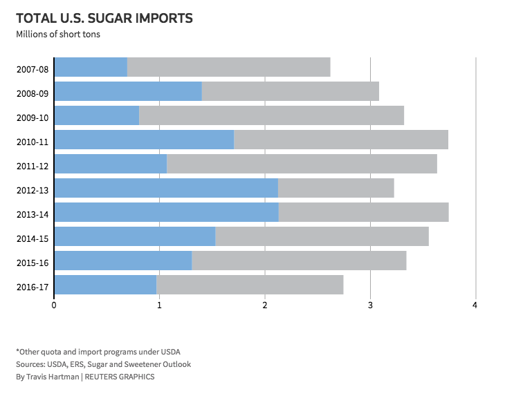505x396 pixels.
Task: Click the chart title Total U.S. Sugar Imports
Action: tap(104, 18)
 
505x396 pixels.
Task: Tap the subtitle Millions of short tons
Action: tap(58, 34)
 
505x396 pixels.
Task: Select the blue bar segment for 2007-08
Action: tap(91, 67)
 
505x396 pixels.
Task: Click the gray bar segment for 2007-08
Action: tap(228, 67)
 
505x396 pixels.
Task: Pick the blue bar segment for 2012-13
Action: tap(166, 188)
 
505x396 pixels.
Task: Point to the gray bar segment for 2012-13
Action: tap(336, 188)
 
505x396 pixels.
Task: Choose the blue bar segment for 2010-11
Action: tap(144, 140)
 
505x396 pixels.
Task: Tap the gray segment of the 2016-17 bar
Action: tap(250, 285)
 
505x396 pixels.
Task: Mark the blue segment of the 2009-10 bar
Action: tap(96, 115)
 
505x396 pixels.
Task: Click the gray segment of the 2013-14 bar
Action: tap(363, 212)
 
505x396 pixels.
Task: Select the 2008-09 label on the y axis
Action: tap(33, 93)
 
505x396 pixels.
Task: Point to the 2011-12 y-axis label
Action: tap(33, 166)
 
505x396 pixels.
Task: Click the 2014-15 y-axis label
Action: tap(33, 238)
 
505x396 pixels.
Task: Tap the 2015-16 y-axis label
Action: tap(33, 263)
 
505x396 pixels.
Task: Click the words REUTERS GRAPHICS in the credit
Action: tap(120, 377)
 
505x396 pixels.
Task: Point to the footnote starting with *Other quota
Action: tap(98, 352)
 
